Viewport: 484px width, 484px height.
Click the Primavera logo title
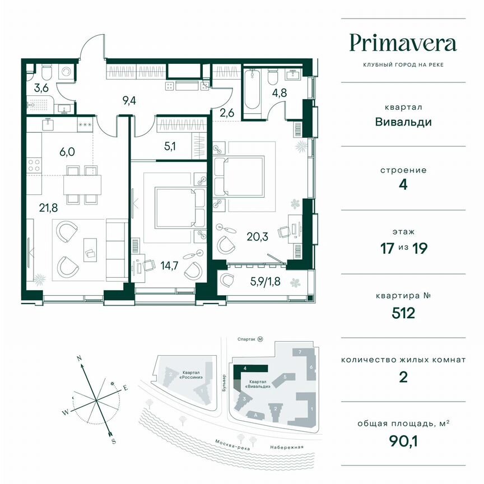tap(403, 43)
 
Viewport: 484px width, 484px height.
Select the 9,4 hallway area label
tap(130, 101)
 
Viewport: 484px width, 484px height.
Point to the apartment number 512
tap(403, 313)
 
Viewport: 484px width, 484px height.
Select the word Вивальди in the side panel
tap(403, 122)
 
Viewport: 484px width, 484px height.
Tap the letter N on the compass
tap(80, 358)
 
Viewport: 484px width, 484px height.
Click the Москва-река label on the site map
tap(231, 443)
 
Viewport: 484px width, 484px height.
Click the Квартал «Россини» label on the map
tap(191, 374)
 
